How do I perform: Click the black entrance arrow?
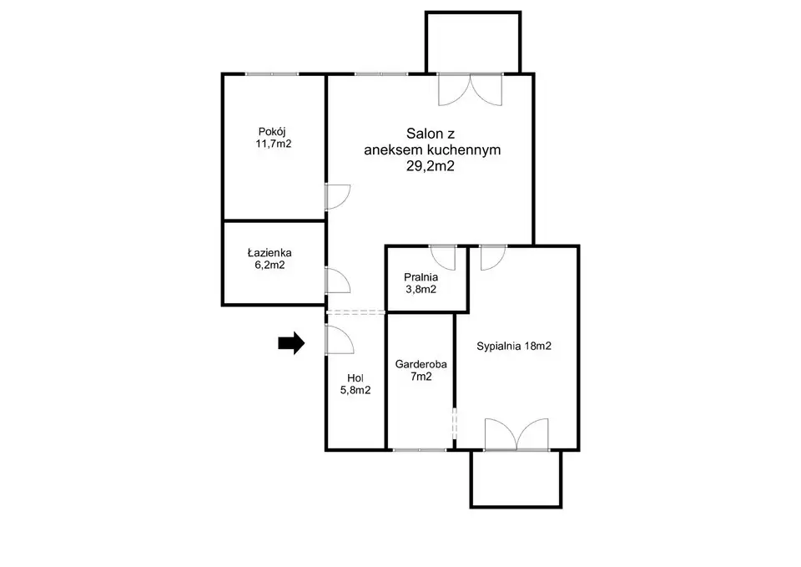[x=291, y=342]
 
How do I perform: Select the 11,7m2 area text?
[x=274, y=144]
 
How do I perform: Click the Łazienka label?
[x=270, y=252]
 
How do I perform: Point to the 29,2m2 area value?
[x=431, y=166]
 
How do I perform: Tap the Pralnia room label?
[x=421, y=277]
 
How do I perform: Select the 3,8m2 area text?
[x=421, y=290]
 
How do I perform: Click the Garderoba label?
[x=421, y=364]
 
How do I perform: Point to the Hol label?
[x=355, y=377]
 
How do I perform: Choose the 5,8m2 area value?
[x=355, y=390]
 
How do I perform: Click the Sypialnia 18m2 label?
[x=514, y=347]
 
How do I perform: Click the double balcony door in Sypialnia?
[x=516, y=434]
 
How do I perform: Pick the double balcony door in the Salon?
[x=471, y=90]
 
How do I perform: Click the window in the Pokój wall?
[x=272, y=74]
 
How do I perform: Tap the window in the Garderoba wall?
[x=420, y=450]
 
